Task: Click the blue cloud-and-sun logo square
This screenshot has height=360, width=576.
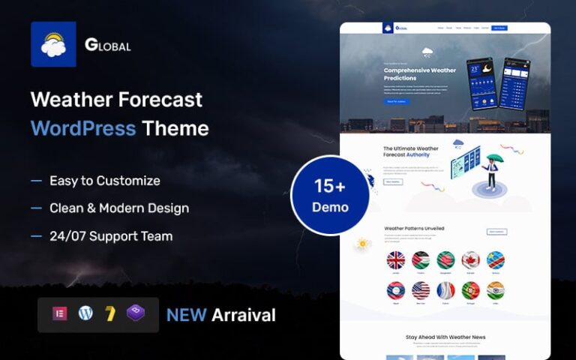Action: [53, 44]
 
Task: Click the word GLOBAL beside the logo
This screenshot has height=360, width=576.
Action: [108, 45]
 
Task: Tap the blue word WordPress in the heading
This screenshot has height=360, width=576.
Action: [83, 127]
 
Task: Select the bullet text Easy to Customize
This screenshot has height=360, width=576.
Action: [105, 181]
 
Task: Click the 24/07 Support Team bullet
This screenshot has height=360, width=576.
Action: [111, 236]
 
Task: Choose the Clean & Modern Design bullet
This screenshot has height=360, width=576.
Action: [119, 208]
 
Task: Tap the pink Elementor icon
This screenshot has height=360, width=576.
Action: [60, 314]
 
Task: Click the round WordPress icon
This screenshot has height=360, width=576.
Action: [85, 314]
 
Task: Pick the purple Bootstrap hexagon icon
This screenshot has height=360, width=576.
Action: [136, 314]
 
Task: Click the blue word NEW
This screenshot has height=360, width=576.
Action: [186, 315]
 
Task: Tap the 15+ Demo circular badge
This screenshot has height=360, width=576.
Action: [331, 196]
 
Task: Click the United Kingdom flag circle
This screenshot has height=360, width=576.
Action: [396, 260]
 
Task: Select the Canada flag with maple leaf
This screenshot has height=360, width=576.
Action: [470, 260]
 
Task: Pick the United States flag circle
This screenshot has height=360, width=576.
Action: [421, 290]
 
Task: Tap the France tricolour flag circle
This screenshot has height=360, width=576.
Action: [445, 290]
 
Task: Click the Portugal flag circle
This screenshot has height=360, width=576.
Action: [470, 290]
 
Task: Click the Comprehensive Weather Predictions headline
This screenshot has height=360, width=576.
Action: [419, 74]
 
